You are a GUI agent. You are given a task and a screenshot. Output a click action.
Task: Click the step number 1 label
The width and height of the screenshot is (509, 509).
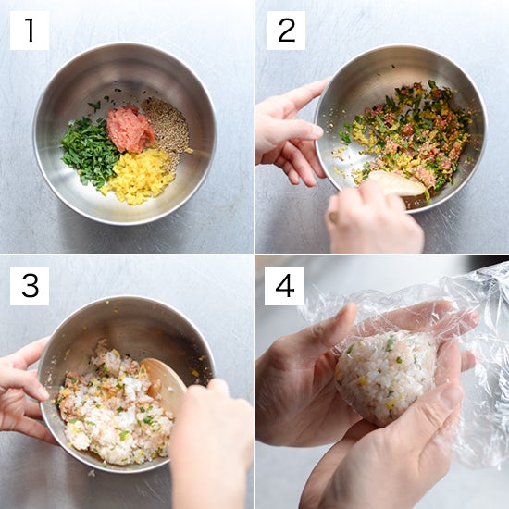30,31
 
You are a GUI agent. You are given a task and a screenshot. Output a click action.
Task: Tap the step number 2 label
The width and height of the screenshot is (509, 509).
286,31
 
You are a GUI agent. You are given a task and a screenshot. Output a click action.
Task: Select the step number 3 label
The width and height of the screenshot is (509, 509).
30,286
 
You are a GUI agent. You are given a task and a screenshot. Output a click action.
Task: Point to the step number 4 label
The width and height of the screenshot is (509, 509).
284,286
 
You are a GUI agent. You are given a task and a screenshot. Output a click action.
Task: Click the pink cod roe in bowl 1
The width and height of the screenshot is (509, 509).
130,129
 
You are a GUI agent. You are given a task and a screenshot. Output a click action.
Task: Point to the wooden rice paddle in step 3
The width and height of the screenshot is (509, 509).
164,379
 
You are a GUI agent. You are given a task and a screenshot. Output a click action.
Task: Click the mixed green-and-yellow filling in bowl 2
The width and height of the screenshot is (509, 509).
409,136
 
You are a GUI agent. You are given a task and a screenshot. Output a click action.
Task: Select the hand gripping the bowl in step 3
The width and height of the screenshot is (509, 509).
23,390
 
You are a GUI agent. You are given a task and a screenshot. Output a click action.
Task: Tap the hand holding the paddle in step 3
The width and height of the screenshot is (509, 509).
211,441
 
